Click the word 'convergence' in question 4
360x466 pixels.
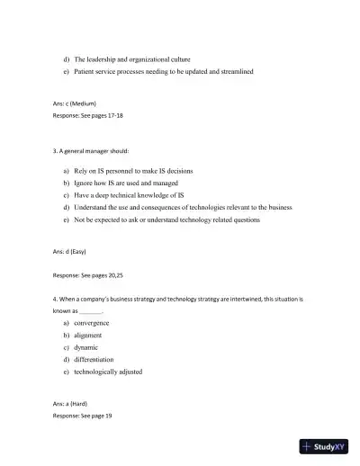click(x=92, y=322)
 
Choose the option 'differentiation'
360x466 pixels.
click(x=94, y=359)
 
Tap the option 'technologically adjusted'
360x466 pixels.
click(x=108, y=371)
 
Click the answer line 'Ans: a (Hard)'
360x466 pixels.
click(x=70, y=404)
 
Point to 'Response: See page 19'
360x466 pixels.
click(x=82, y=417)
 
